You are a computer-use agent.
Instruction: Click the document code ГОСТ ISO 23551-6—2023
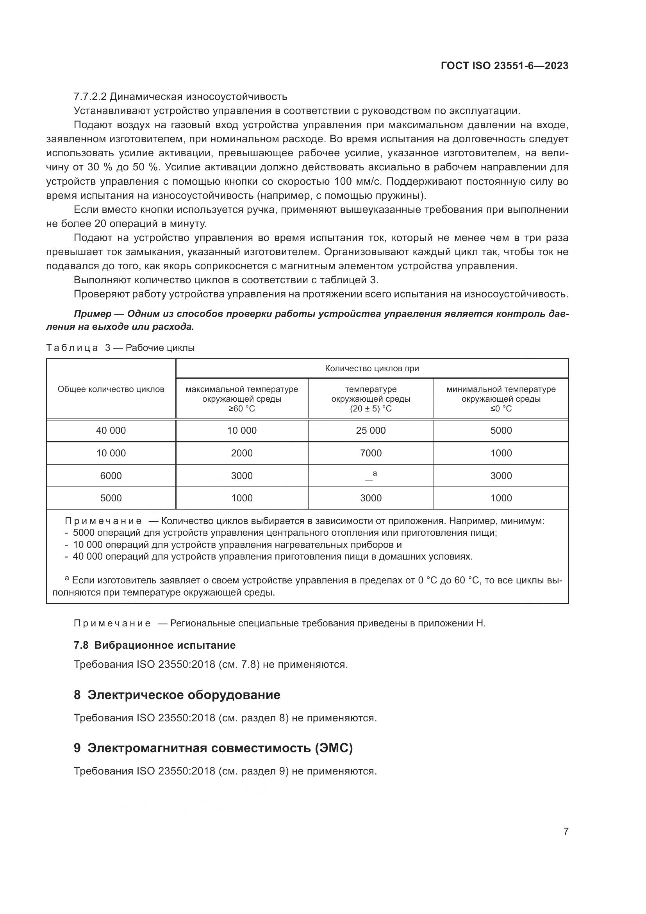point(504,66)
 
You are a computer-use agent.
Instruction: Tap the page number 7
point(566,831)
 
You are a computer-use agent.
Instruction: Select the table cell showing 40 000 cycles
point(111,430)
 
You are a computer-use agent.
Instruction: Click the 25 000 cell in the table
point(371,430)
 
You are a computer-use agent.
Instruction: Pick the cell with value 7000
point(371,453)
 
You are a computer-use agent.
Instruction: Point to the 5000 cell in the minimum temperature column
point(501,430)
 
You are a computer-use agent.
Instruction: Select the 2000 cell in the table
point(242,453)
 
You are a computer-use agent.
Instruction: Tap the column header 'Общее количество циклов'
point(111,389)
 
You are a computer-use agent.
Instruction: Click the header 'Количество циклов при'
point(372,368)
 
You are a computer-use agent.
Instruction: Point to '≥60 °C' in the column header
point(242,409)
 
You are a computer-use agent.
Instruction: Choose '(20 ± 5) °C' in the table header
point(371,409)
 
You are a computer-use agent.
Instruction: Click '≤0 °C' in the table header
point(501,409)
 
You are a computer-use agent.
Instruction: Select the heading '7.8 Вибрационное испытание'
point(155,645)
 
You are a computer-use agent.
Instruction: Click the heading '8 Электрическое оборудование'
point(177,695)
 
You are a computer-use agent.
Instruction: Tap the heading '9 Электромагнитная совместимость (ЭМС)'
point(213,748)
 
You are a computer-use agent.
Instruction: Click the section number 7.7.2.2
point(90,97)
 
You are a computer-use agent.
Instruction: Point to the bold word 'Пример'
point(92,314)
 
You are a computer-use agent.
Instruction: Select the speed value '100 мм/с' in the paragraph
point(356,182)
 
